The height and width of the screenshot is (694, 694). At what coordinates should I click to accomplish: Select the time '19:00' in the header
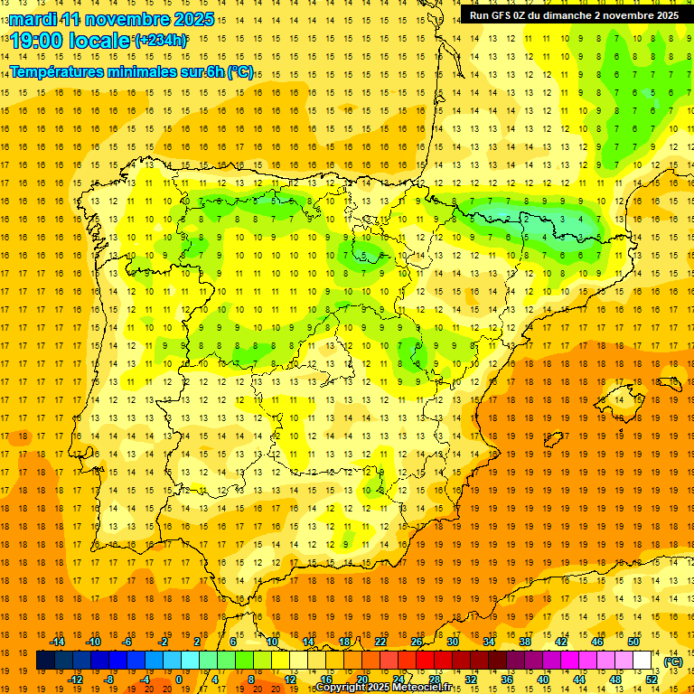point(40,41)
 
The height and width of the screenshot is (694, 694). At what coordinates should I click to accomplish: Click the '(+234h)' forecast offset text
point(161,40)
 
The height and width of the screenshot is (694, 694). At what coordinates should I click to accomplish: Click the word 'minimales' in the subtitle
point(155,72)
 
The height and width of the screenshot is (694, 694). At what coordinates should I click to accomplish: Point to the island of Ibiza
point(553,439)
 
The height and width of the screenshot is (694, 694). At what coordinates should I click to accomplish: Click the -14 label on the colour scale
point(58,642)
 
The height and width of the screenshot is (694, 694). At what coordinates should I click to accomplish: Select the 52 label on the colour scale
point(652,680)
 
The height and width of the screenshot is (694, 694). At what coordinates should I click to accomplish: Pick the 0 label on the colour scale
point(179,680)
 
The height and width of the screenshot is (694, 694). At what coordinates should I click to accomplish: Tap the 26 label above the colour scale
point(417,642)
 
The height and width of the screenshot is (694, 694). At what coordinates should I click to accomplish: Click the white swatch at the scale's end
point(642,661)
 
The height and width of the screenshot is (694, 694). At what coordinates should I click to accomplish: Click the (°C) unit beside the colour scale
point(673,661)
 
